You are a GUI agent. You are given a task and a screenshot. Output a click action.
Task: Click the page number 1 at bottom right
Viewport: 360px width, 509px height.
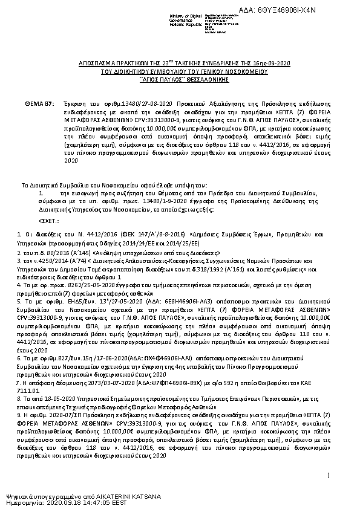pyautogui.click(x=327, y=476)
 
